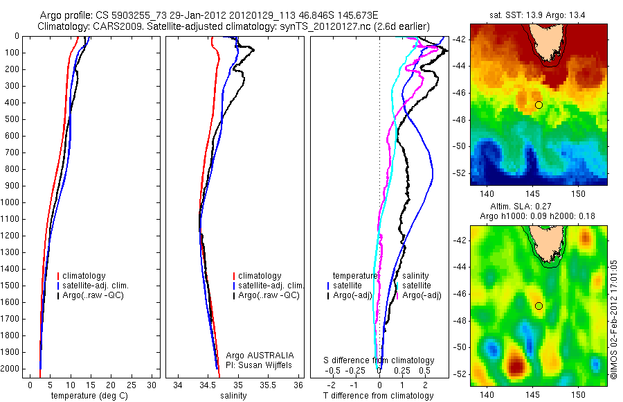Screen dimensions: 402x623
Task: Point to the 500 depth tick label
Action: coord(12,119)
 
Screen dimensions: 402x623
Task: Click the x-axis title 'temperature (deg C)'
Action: coord(90,396)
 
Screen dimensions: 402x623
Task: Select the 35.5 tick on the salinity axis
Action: coord(268,384)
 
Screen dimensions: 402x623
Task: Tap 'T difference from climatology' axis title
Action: coord(378,396)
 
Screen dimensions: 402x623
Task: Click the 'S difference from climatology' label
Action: coord(379,360)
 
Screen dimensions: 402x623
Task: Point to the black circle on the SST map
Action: coord(539,105)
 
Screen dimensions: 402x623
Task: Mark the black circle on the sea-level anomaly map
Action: coord(539,306)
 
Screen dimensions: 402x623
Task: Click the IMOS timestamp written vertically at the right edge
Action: coord(613,319)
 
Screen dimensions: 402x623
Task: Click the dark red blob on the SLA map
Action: coord(516,364)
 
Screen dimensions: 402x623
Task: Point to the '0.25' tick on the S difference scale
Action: coord(402,370)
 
